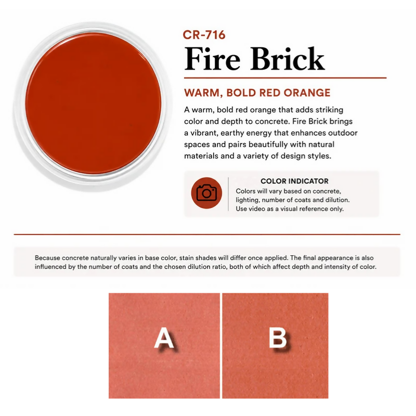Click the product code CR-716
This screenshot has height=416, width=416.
[204, 35]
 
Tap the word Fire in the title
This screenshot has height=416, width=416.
[212, 58]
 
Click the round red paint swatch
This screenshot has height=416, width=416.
[93, 103]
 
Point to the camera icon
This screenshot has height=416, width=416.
[206, 193]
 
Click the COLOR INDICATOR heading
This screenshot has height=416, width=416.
[294, 181]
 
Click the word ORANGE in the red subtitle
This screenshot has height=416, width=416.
[307, 93]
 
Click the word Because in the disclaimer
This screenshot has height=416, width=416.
[47, 258]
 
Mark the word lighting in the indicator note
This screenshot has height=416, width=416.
[247, 200]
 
